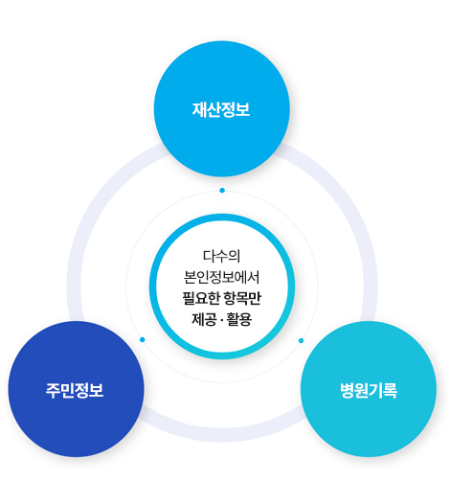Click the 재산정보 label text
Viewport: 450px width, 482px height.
221,109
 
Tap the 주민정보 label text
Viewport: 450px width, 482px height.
75,390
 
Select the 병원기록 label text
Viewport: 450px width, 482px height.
369,390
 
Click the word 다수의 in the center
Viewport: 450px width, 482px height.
222,256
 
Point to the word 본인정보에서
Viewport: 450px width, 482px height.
222,277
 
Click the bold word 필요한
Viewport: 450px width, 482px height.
201,298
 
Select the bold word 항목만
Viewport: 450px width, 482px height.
242,298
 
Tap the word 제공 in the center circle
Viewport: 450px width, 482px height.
204,319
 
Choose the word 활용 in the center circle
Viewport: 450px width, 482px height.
239,319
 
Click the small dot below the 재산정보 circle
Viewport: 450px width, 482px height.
222,191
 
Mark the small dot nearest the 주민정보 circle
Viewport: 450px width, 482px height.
143,339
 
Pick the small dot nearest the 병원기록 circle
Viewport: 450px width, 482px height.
301,340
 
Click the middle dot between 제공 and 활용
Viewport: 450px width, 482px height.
222,320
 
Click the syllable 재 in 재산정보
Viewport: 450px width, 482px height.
199,109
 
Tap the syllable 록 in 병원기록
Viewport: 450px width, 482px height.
391,390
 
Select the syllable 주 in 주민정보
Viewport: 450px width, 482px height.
53,390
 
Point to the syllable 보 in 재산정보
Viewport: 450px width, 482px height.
243,109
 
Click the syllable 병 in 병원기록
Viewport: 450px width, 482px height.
347,390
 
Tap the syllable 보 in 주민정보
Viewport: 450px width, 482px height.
97,390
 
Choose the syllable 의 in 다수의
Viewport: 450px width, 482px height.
235,256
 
